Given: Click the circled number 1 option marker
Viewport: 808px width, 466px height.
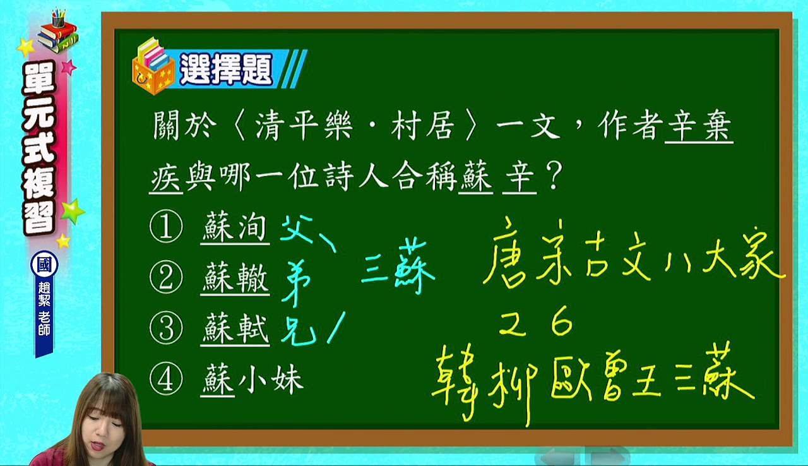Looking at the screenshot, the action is pyautogui.click(x=166, y=227).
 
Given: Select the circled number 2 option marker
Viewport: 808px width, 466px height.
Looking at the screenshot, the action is pyautogui.click(x=166, y=278).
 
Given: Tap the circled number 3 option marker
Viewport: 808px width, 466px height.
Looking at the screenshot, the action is pyautogui.click(x=166, y=329).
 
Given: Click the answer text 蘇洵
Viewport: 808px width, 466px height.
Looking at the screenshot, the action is pyautogui.click(x=235, y=227).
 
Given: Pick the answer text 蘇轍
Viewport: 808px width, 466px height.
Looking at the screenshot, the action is pyautogui.click(x=235, y=278).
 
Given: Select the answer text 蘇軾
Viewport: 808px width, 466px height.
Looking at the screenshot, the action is pyautogui.click(x=235, y=329).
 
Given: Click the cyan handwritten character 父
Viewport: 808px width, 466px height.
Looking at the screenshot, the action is pyautogui.click(x=297, y=229).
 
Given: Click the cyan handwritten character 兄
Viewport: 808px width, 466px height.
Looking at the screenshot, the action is pyautogui.click(x=298, y=331).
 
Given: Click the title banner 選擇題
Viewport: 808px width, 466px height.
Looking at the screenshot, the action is pyautogui.click(x=226, y=69).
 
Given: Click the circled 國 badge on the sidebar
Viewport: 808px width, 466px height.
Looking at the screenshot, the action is pyautogui.click(x=44, y=265).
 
